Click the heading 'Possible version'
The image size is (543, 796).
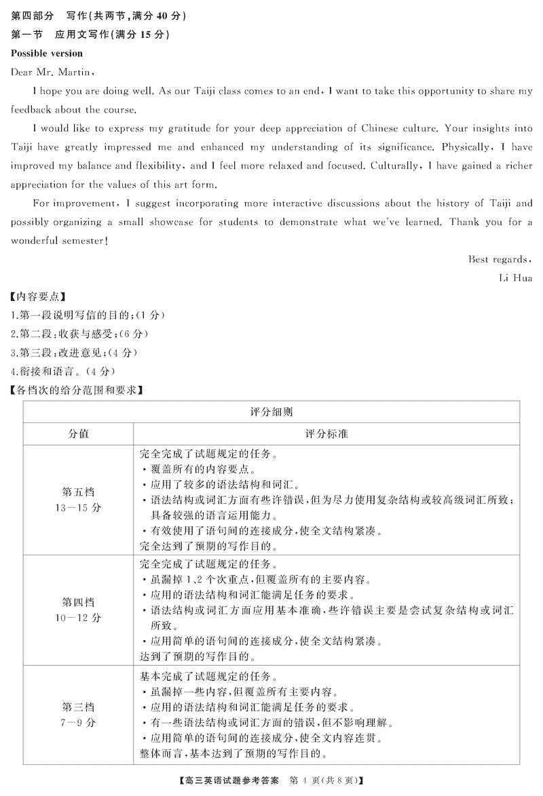pos(47,53)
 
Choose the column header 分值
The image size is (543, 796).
pos(78,433)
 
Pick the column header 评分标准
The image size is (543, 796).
pos(326,433)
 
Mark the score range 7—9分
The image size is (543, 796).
pos(78,722)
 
